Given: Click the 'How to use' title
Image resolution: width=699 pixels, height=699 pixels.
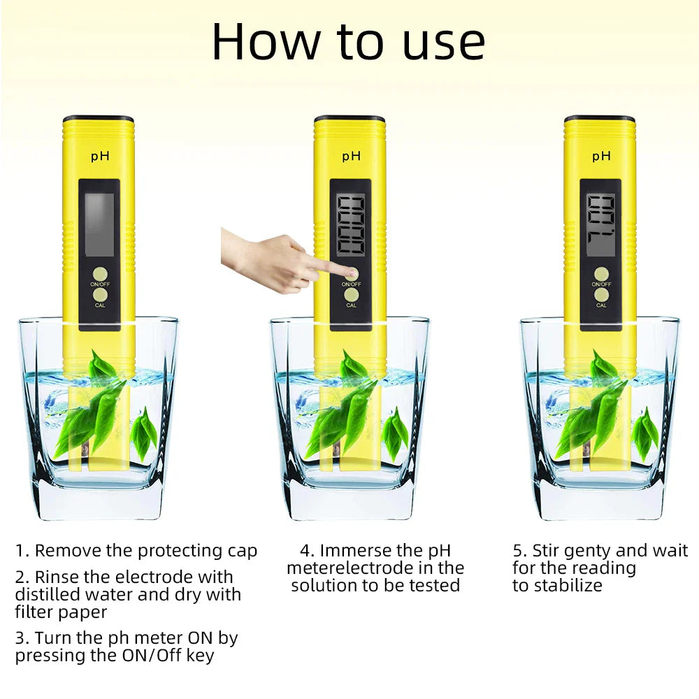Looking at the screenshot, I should (348, 42).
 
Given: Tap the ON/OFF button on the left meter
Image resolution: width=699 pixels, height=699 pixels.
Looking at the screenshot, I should (101, 273).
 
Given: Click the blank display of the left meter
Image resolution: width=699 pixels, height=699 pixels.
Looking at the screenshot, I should (99, 224).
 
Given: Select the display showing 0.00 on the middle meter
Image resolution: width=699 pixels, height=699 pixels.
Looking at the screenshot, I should (350, 224).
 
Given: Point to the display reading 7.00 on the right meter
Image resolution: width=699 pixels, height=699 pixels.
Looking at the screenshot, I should (600, 224).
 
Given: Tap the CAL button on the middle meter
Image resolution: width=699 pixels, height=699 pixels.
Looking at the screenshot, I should (351, 295).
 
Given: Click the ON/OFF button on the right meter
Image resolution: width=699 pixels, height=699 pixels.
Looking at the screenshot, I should (601, 273).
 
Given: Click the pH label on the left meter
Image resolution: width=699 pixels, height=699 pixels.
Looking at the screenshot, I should (100, 156).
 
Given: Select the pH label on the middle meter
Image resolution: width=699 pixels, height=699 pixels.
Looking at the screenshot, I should (351, 156).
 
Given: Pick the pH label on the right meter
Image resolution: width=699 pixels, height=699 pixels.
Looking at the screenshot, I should (601, 156).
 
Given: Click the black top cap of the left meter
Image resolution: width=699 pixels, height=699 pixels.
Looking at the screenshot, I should (99, 120).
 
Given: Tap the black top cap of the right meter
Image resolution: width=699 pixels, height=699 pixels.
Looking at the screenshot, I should (599, 119).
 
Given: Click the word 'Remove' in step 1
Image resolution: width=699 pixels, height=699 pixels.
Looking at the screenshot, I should (68, 551).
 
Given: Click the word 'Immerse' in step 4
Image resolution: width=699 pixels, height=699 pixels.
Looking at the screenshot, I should (356, 551).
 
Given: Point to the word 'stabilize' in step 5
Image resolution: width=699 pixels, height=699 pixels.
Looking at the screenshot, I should (567, 586).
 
